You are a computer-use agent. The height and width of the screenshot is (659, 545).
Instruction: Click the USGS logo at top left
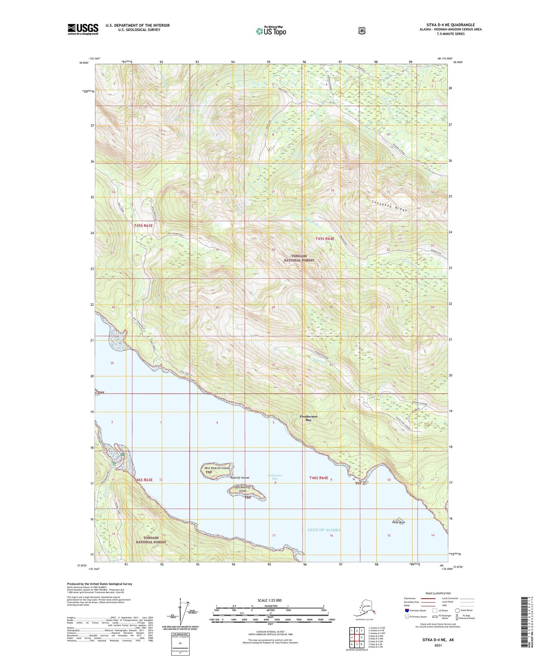83,29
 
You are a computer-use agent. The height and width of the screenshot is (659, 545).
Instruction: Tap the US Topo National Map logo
271,31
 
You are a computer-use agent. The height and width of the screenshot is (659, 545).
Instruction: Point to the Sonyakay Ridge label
387,204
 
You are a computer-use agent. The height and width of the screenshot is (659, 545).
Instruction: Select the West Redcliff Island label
216,468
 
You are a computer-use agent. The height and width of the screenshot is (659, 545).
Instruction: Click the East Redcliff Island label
242,489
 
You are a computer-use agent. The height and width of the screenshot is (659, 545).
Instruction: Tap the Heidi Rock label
398,522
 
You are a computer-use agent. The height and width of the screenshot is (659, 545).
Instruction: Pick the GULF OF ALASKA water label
324,530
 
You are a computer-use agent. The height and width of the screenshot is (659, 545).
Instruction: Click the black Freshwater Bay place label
309,418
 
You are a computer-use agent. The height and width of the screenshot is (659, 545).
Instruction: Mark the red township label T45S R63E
143,226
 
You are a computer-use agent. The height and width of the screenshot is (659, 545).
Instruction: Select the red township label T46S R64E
319,478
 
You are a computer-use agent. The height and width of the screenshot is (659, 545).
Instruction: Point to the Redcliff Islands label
239,478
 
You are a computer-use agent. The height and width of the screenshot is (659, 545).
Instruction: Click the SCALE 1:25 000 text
270,600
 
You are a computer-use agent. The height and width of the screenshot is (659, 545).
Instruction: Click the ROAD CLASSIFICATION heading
438,593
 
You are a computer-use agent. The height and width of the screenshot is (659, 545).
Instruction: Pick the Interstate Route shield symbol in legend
407,610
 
